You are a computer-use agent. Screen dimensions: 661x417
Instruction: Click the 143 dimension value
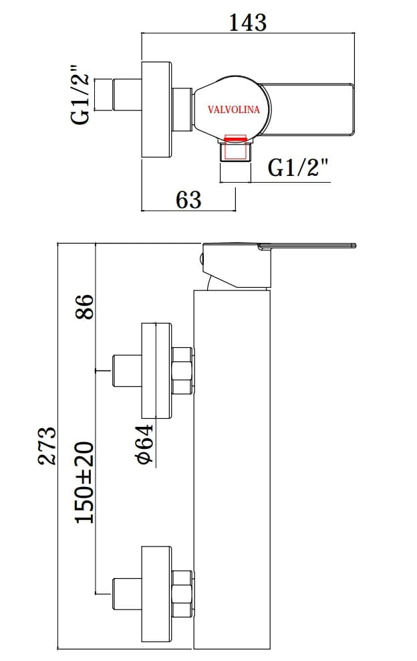click(x=247, y=22)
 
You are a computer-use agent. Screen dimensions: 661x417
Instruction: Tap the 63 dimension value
click(x=188, y=199)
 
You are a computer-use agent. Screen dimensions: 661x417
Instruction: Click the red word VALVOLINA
click(x=234, y=110)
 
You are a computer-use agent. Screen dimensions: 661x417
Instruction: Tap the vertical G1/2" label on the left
click(x=81, y=94)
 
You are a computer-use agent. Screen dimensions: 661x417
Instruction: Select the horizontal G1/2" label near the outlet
click(x=299, y=168)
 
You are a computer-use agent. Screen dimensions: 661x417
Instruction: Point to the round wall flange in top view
click(x=157, y=110)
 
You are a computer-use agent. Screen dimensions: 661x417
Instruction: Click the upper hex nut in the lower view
click(x=182, y=370)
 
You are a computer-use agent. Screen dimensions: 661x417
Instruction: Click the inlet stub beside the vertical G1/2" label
click(x=117, y=94)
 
